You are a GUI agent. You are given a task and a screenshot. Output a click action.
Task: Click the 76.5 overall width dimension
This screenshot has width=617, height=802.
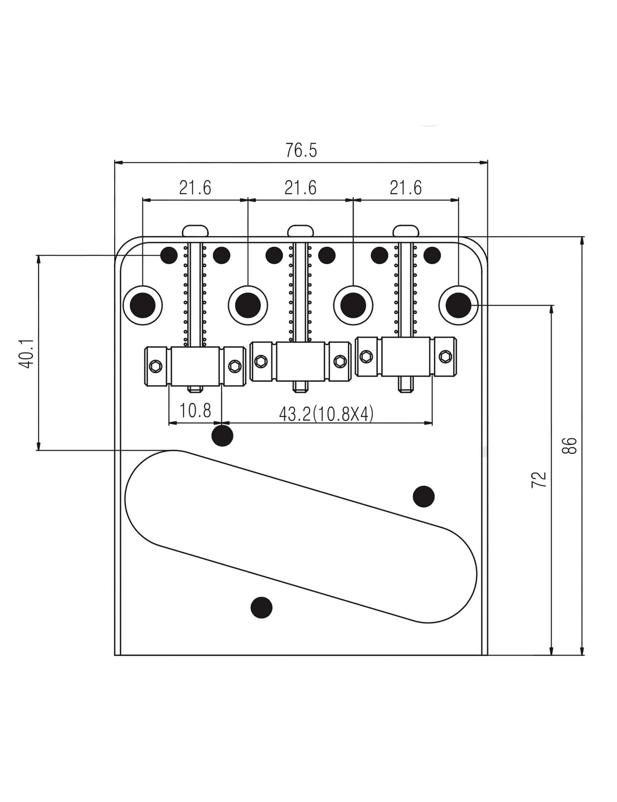(301, 150)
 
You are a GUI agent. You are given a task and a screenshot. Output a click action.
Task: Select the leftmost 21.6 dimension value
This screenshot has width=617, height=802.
(195, 188)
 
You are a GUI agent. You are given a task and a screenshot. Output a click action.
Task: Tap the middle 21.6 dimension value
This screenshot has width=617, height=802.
(300, 188)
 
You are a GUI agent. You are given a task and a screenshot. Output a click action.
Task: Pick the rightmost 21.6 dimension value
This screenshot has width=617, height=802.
(406, 188)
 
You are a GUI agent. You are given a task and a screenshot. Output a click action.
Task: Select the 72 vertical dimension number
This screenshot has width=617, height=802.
(539, 480)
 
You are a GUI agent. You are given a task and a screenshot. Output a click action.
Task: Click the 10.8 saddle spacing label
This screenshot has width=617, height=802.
(195, 411)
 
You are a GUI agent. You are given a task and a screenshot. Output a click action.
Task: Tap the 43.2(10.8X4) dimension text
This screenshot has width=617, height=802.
(326, 414)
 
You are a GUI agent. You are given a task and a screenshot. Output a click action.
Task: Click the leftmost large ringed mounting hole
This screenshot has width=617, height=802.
(143, 305)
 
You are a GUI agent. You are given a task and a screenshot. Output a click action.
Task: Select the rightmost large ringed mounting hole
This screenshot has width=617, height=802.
(459, 305)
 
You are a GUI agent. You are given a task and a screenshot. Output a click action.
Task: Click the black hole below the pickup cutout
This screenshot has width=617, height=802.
(261, 608)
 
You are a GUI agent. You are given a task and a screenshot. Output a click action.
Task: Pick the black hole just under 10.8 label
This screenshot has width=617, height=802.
(223, 436)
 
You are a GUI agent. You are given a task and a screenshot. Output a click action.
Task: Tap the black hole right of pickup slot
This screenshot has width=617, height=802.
(423, 497)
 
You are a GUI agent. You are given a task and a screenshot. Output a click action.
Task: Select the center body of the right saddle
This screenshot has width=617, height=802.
(406, 357)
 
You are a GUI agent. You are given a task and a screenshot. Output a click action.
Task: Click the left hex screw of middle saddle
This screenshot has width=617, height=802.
(261, 362)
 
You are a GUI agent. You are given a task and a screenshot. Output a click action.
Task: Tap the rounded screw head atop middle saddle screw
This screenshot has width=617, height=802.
(301, 231)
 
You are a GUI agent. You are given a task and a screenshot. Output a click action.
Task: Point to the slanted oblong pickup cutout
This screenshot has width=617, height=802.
(301, 536)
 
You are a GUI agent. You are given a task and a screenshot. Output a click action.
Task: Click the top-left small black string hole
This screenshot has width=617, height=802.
(169, 255)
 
